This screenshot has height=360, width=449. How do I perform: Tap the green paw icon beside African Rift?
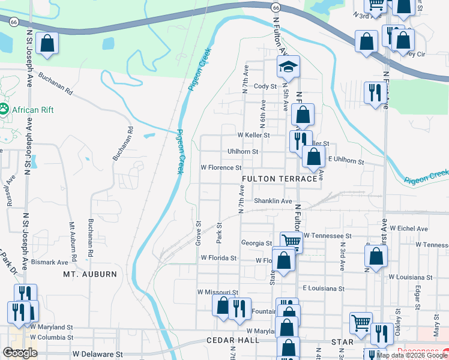click(4, 109)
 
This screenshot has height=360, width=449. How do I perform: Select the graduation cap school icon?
click(288, 67)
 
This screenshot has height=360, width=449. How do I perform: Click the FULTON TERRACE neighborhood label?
click(279, 179)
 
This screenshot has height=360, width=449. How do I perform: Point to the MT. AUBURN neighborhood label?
click(90, 274)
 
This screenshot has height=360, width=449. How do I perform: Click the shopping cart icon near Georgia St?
click(291, 241)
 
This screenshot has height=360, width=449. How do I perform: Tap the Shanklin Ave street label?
click(273, 201)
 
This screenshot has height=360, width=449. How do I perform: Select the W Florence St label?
click(221, 168)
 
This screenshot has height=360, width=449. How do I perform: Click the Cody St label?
click(265, 86)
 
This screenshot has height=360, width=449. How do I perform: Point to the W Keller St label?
click(253, 136)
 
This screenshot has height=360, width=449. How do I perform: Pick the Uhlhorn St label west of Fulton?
click(243, 152)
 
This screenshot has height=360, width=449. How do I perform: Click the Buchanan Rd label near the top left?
click(55, 85)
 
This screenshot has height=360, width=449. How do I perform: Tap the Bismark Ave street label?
click(50, 263)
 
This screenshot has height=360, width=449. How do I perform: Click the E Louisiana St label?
click(324, 289)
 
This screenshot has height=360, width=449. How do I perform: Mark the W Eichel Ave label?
click(409, 229)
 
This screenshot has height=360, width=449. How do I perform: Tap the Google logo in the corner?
click(20, 353)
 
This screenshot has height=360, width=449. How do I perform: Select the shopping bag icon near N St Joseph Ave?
click(47, 44)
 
